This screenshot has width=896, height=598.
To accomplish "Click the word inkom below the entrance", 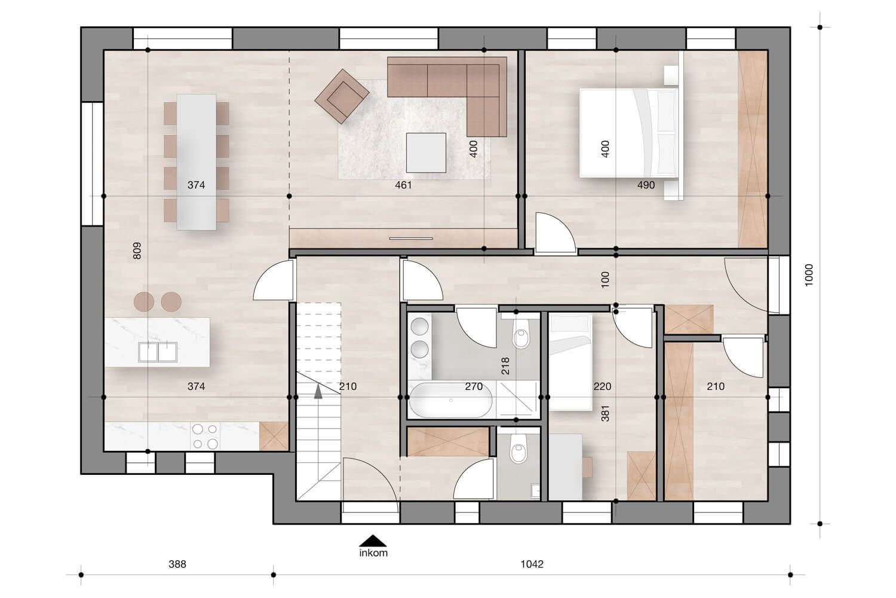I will coord(373,553).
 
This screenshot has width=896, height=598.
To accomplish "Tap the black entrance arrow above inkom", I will coord(373,540).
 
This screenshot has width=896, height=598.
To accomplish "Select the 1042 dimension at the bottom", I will coord(532,564).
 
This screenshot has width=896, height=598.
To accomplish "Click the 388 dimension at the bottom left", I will coord(177,564).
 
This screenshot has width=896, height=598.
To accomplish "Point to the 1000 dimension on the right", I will coord(809,276).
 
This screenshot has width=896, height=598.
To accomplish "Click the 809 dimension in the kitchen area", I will coord(136,250).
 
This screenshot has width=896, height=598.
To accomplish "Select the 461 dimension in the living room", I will coord(404,185).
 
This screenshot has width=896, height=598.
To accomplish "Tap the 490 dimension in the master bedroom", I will coord(646,185).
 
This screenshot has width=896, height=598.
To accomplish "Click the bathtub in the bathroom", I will coord(452,401).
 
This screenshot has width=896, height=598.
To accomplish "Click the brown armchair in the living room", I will coord(342,96).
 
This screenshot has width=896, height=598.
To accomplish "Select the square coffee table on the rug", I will coord(426,152).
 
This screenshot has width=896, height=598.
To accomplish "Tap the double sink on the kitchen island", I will coord(158,352).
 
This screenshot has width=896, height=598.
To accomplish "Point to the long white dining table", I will coord(196,161).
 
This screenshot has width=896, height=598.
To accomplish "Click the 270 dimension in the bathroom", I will coord(474,386).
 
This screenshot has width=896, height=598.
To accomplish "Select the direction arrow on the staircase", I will coord(318,391).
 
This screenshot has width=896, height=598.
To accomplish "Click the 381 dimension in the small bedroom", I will coord(605,413).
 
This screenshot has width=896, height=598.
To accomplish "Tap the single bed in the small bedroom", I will coord(570,362).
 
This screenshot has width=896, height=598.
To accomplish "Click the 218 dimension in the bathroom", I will coord(505,365).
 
